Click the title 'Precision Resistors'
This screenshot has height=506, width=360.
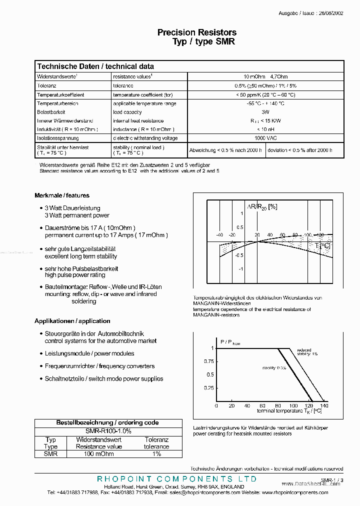(x=197, y=32)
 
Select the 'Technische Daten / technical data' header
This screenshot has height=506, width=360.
(x=95, y=66)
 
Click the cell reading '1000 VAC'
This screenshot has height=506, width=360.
(x=265, y=138)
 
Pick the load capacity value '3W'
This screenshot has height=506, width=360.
(x=265, y=112)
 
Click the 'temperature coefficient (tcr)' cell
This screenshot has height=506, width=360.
(x=142, y=94)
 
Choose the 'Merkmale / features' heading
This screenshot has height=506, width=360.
(x=62, y=195)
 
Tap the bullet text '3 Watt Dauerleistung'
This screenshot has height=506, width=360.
(x=72, y=208)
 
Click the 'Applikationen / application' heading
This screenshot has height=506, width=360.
(x=72, y=321)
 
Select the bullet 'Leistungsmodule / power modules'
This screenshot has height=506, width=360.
(x=89, y=353)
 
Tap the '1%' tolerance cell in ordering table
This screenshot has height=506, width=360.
(x=156, y=454)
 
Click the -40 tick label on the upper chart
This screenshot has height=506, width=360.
(x=219, y=235)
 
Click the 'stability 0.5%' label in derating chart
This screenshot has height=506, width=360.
(x=274, y=368)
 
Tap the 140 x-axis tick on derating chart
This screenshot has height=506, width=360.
(x=324, y=406)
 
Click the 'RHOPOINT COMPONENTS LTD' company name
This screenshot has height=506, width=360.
(x=176, y=479)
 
